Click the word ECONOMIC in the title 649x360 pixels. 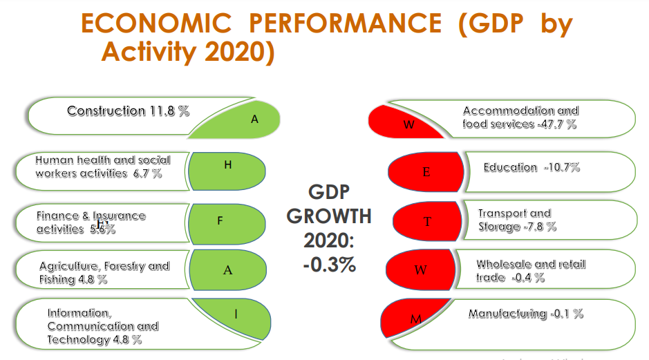[156, 24]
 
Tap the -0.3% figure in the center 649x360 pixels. [329, 263]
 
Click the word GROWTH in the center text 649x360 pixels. [329, 216]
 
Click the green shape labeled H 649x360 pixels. [227, 170]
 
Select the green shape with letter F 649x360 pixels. [227, 221]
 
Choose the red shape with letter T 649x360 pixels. [427, 221]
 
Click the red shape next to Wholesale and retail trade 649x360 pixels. [419, 269]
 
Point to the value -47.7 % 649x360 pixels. [556, 124]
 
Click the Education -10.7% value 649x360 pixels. [561, 167]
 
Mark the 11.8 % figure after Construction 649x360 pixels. [169, 111]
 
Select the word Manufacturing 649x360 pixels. [508, 314]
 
